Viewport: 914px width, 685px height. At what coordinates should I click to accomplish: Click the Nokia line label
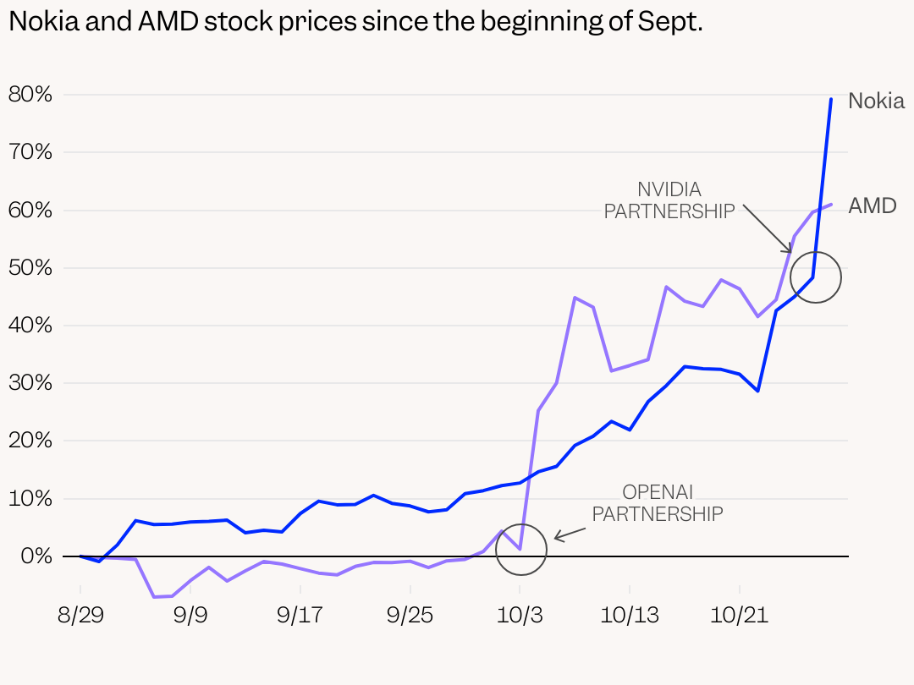pyautogui.click(x=876, y=101)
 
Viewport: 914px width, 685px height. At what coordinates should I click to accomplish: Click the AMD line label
pyautogui.click(x=872, y=205)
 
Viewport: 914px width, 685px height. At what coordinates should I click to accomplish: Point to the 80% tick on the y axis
pyautogui.click(x=30, y=95)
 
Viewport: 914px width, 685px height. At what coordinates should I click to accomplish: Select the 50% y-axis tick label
pyautogui.click(x=30, y=268)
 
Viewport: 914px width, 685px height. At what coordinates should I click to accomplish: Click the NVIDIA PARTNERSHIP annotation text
pyautogui.click(x=669, y=200)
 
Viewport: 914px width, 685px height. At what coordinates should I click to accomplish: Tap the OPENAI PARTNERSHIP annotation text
pyautogui.click(x=658, y=502)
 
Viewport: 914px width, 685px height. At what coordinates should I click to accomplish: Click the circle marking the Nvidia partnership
pyautogui.click(x=815, y=277)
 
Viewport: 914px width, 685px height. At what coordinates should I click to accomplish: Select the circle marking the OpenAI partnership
pyautogui.click(x=520, y=549)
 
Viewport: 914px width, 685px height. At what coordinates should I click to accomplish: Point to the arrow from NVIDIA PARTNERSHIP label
pyautogui.click(x=767, y=228)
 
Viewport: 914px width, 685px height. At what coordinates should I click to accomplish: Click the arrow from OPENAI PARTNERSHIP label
pyautogui.click(x=570, y=533)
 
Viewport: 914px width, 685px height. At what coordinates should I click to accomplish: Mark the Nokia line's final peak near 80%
pyautogui.click(x=831, y=100)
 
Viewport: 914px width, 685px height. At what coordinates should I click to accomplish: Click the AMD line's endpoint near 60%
pyautogui.click(x=831, y=205)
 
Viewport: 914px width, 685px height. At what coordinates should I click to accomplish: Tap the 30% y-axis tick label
pyautogui.click(x=30, y=383)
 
